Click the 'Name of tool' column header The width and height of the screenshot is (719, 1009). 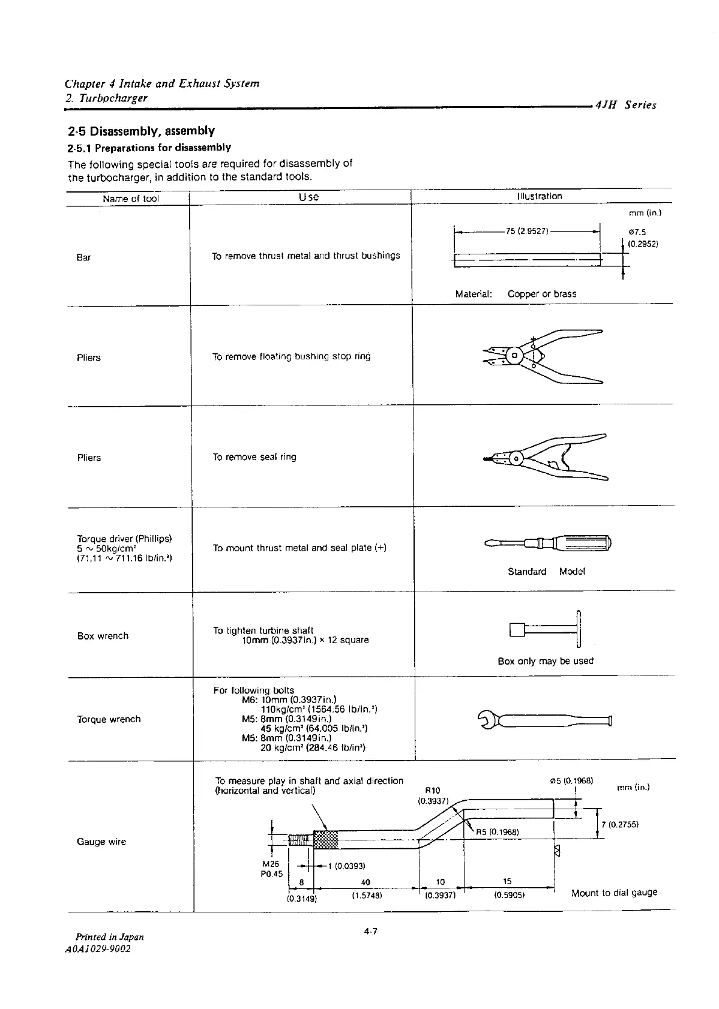pyautogui.click(x=130, y=199)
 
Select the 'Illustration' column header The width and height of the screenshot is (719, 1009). pyautogui.click(x=539, y=196)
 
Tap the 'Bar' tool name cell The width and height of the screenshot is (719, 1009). pyautogui.click(x=83, y=257)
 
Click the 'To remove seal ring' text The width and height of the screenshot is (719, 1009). pyautogui.click(x=254, y=457)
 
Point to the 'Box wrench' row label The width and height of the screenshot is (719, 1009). pyautogui.click(x=103, y=636)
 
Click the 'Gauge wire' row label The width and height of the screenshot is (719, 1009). pyautogui.click(x=101, y=842)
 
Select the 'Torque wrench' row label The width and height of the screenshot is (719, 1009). pyautogui.click(x=109, y=719)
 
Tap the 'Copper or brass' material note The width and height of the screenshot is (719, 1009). pyautogui.click(x=541, y=294)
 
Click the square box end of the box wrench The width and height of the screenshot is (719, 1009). pyautogui.click(x=517, y=630)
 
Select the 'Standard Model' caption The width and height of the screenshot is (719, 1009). pyautogui.click(x=546, y=572)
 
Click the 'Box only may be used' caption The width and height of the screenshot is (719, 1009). pyautogui.click(x=545, y=661)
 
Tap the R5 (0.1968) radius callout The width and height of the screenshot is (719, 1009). pyautogui.click(x=498, y=831)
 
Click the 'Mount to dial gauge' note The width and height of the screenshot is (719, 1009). pyautogui.click(x=614, y=893)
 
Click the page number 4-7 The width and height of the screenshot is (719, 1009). pyautogui.click(x=370, y=932)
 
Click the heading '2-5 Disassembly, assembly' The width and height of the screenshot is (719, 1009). pyautogui.click(x=141, y=131)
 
